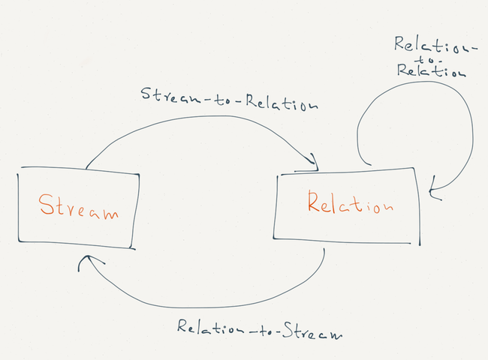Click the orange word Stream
78,207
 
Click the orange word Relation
349,203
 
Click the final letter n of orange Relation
384,206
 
